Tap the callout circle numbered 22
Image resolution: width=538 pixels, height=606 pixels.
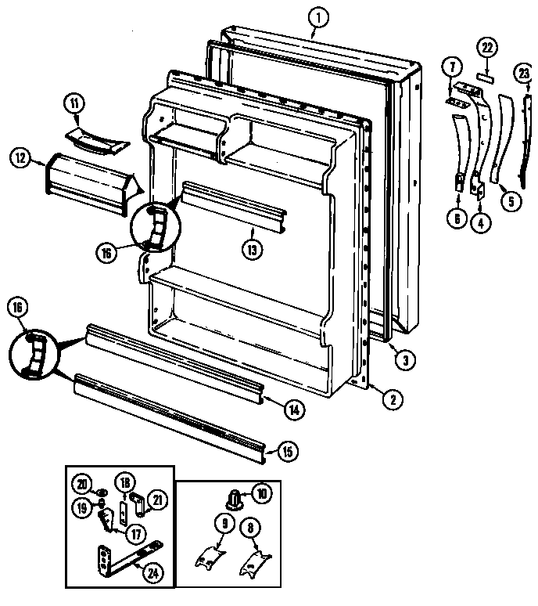click(x=487, y=49)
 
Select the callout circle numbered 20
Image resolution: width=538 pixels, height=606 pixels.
click(x=83, y=482)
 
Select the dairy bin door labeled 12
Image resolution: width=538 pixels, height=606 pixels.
click(x=86, y=180)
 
